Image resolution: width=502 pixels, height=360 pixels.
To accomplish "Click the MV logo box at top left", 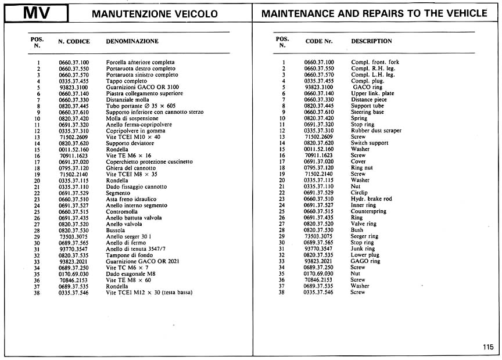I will click(36, 13).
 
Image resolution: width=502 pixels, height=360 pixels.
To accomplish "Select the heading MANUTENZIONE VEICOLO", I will click(155, 14).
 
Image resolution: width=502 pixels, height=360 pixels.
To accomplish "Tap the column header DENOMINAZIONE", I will click(132, 42).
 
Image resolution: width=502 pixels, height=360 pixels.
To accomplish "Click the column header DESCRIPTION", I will click(371, 41).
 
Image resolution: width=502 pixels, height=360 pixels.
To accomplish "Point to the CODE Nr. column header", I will click(319, 41).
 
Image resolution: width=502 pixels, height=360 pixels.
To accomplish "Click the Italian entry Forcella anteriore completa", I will click(140, 62).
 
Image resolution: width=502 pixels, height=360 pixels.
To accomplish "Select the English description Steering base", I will click(367, 112).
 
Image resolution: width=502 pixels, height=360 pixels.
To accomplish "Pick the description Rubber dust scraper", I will click(376, 131).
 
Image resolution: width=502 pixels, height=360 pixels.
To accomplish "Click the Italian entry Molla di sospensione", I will click(132, 118).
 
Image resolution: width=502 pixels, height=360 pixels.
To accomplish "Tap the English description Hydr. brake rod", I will click(371, 199).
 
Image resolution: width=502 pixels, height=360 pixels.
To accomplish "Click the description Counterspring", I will click(369, 211).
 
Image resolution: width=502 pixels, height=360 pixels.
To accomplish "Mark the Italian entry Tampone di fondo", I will click(130, 255).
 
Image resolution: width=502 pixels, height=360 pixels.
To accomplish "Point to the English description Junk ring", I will click(363, 249).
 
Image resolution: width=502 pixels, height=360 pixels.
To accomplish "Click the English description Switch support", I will click(369, 143).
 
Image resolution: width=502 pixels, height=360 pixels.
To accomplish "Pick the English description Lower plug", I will click(365, 255).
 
